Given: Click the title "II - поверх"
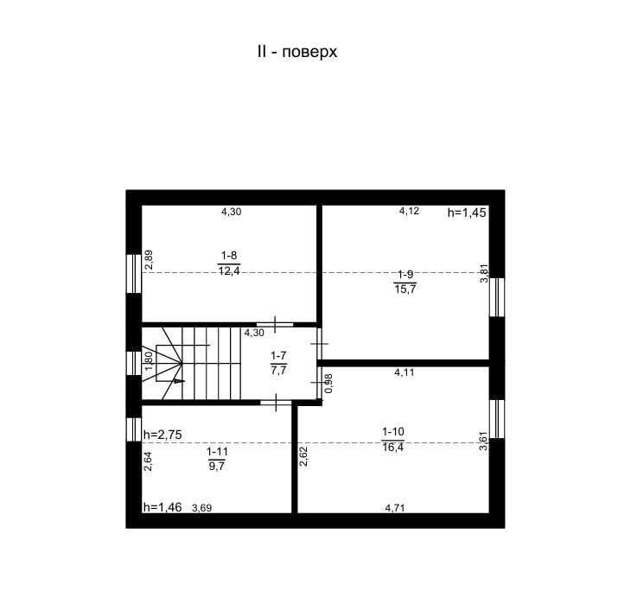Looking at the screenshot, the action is coord(297,52).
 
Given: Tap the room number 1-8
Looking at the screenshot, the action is coord(229,256).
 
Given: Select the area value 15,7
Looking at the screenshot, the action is coord(405,289).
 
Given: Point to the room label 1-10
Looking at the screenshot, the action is coord(393,431).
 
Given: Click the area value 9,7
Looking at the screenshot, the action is coord(217,467).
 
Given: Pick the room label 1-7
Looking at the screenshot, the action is coord(278,356).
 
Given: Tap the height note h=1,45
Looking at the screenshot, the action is coord(467,213).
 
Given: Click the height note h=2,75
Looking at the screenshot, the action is coord(162,435).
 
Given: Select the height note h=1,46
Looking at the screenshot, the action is coord(162,507).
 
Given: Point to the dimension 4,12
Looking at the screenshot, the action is coord(409,211).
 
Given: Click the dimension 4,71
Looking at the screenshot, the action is coord(395,508).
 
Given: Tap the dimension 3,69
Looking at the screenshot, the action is coord(201,508).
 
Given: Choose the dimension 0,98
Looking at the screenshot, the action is coord(328,383).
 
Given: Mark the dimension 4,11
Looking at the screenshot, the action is coord(405,372).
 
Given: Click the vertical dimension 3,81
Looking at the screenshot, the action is coord(484,273).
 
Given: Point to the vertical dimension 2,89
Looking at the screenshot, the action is coord(149,260).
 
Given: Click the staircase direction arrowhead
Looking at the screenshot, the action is coord(179,381).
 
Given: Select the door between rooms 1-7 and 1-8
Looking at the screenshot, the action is coord(275,325).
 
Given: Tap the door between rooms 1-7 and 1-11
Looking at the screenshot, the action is coord(276,403).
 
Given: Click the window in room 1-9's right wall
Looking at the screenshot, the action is coord(497,297).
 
